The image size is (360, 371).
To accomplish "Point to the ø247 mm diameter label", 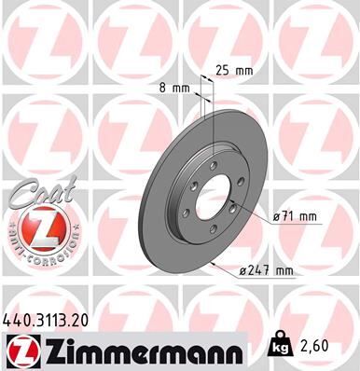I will click(x=267, y=271).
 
